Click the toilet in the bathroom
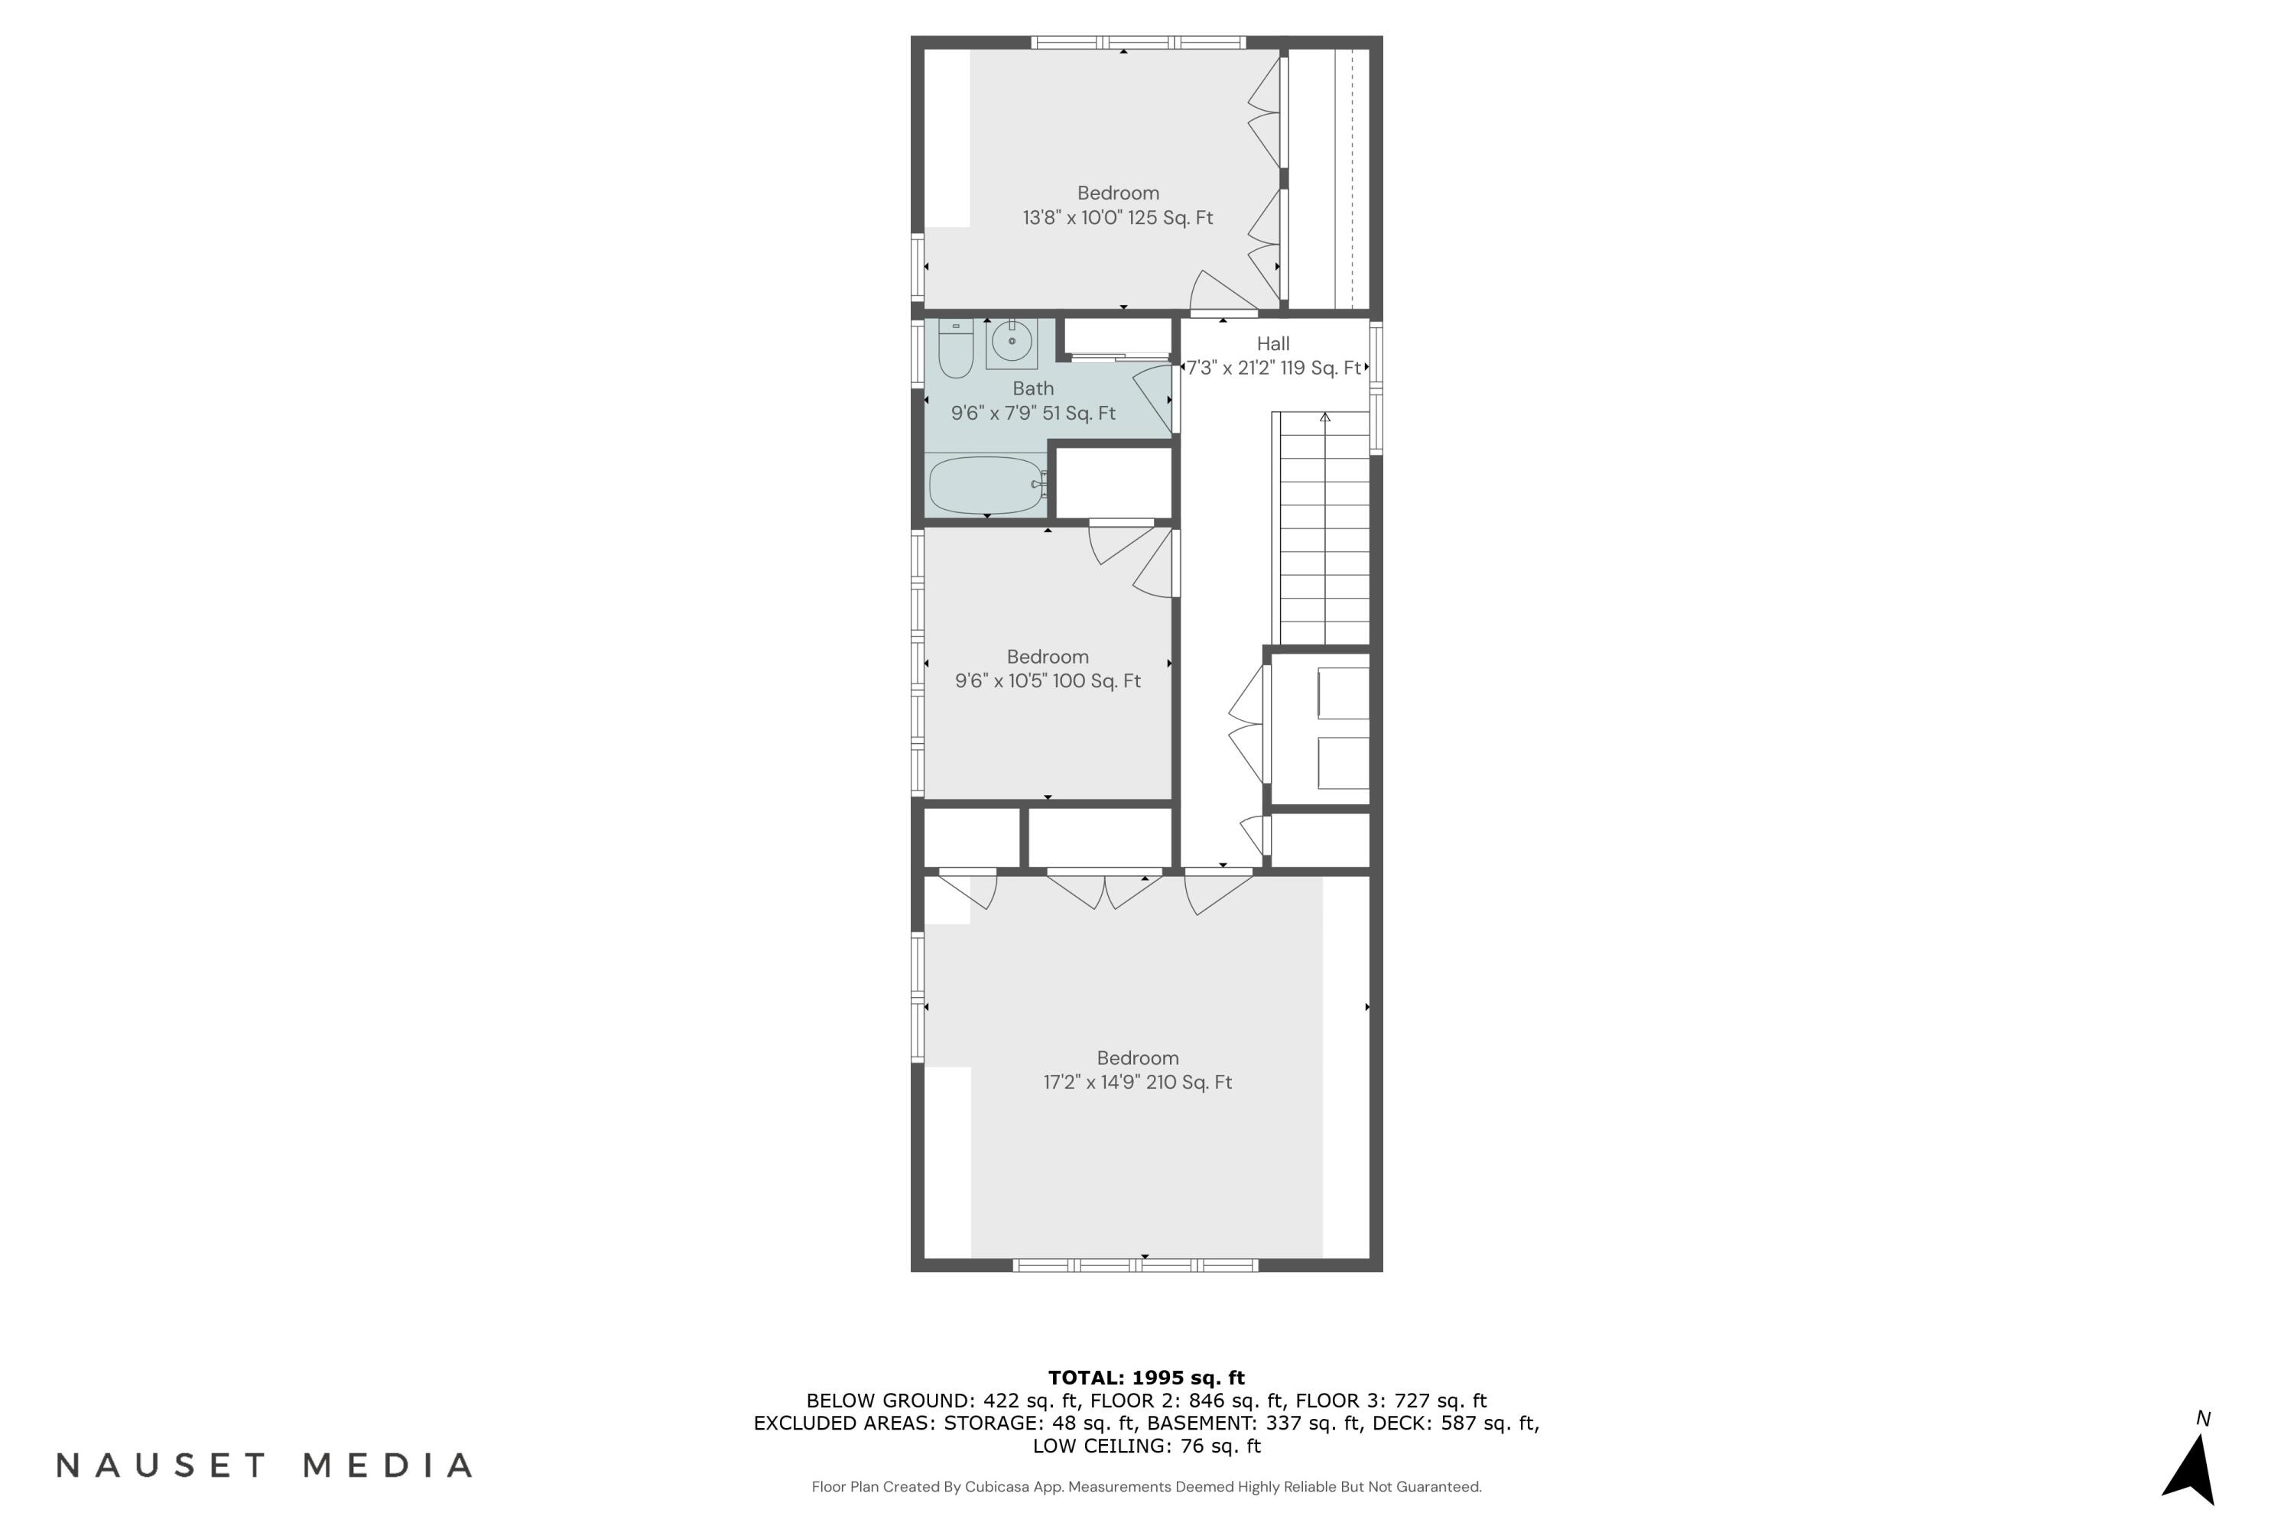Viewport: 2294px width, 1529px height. click(955, 349)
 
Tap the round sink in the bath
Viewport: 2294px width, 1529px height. click(1012, 341)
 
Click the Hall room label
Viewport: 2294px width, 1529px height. click(1273, 343)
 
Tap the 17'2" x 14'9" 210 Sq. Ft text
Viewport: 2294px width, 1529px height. click(1137, 1083)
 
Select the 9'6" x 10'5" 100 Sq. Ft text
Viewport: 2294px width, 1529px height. click(1048, 680)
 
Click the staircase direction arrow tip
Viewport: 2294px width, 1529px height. click(1324, 417)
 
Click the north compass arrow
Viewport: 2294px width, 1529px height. click(2192, 1472)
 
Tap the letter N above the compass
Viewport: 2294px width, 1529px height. click(2202, 1419)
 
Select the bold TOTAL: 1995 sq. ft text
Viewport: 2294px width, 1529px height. click(1146, 1378)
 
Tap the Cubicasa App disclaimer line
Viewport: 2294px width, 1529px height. click(1146, 1487)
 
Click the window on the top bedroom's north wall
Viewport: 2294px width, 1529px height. click(1139, 42)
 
